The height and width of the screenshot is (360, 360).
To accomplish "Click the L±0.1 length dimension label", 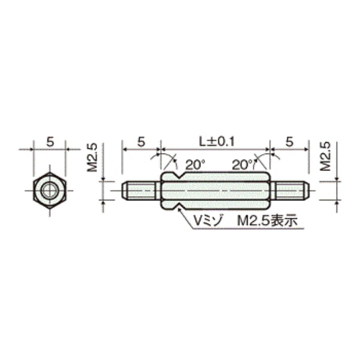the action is [x=217, y=142].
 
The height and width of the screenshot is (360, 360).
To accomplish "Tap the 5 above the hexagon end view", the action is [x=50, y=142].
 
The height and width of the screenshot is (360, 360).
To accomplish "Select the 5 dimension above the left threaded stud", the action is [x=141, y=142].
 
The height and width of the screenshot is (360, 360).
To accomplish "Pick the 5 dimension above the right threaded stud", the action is [x=290, y=142].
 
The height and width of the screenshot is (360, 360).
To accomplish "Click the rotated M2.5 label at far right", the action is [x=326, y=157].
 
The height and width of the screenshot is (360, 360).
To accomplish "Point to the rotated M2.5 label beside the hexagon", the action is [x=92, y=158].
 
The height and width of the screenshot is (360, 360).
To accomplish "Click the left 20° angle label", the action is [x=195, y=165].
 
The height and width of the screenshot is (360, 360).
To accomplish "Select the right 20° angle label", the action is [x=242, y=165].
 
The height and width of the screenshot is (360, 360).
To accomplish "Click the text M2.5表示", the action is [x=268, y=221].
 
